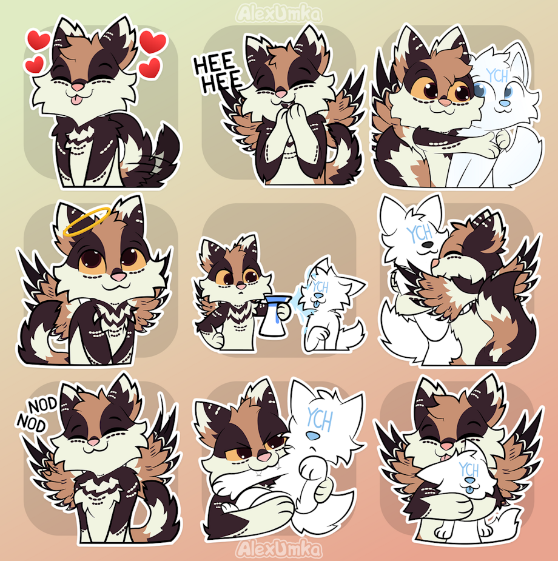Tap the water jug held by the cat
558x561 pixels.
[274, 315]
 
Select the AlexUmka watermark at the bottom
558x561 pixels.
[278, 549]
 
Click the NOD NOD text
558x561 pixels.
[37, 414]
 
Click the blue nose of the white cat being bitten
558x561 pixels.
[312, 436]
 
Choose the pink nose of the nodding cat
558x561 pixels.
[94, 442]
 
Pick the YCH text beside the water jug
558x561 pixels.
[320, 287]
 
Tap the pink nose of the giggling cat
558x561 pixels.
[281, 94]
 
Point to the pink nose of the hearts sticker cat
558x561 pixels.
[78, 87]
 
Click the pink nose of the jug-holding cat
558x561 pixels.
[241, 286]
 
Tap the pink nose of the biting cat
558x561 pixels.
[264, 457]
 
